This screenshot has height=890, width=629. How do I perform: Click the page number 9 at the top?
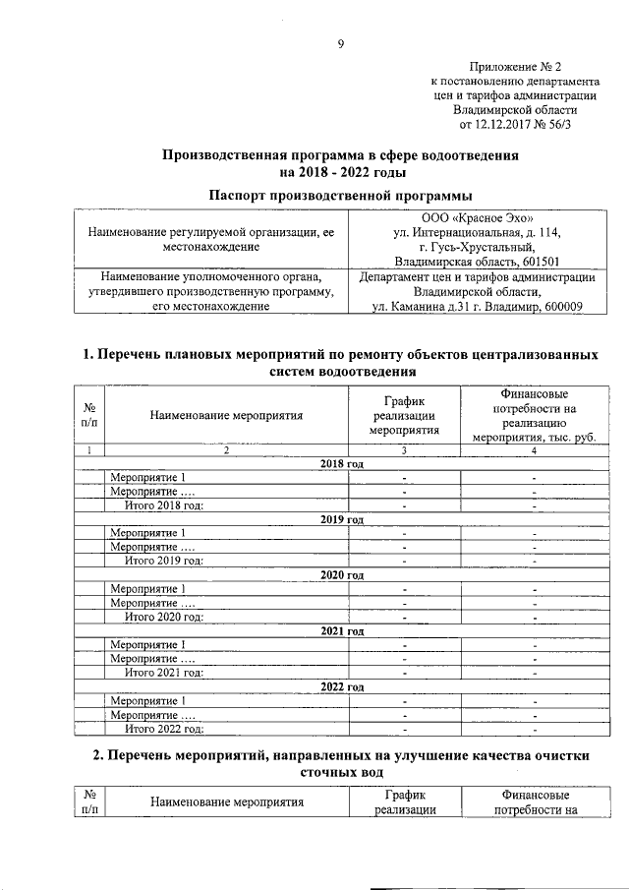coord(340,43)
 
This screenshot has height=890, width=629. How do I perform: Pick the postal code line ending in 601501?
coord(477,262)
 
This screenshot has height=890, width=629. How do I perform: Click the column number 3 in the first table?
coord(403,450)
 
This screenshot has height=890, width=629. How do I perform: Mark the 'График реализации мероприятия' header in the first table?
coord(403,414)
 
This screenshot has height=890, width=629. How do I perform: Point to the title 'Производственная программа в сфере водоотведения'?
coord(340,155)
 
